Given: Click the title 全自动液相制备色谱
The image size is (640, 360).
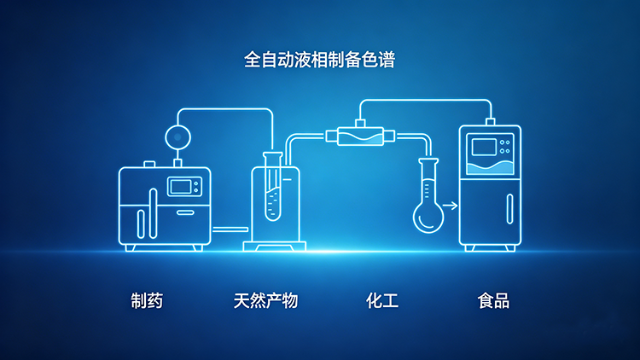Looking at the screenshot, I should (319, 60).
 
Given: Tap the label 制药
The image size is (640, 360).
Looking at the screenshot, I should (147, 300).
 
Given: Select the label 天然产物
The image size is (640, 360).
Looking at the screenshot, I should (265, 300).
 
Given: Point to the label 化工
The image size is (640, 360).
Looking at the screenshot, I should (382, 300).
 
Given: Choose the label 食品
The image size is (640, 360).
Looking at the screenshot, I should (493, 300).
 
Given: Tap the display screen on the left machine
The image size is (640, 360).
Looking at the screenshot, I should (182, 185).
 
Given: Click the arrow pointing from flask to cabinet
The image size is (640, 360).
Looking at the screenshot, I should (451, 206).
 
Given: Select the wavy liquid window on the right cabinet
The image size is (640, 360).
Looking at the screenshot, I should (491, 166).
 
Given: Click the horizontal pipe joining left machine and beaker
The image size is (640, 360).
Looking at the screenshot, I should (230, 229).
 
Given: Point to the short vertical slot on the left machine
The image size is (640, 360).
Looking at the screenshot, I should (139, 221).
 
